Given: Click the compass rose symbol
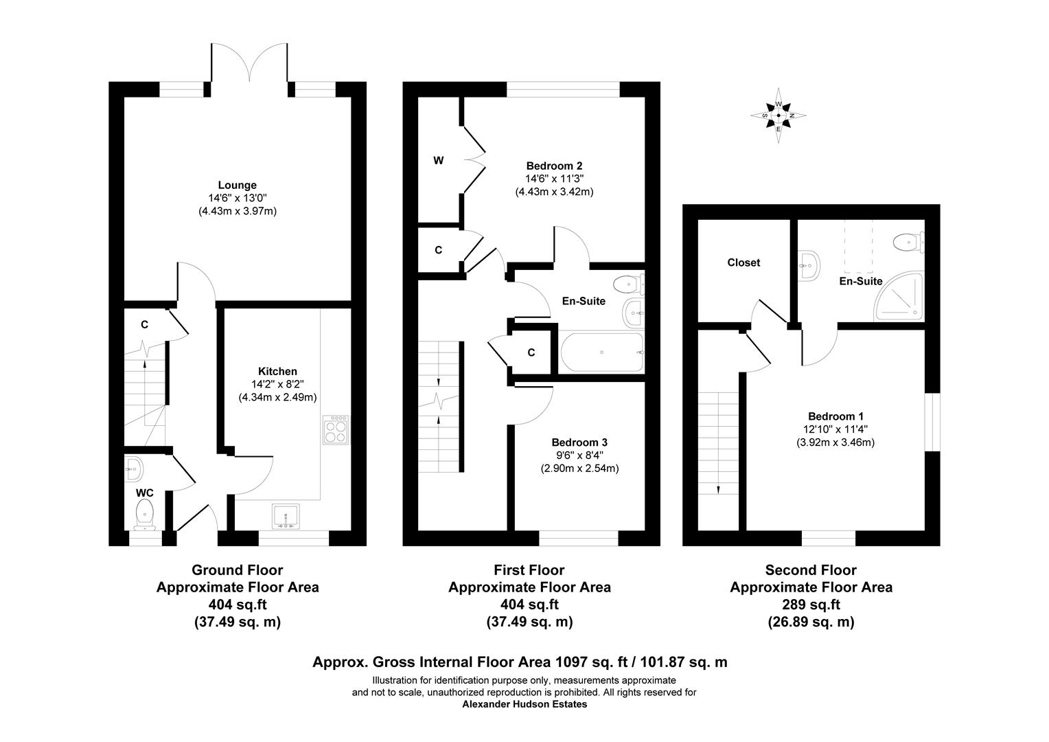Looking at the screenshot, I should click(x=779, y=115).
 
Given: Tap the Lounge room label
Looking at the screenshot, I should click(x=237, y=185).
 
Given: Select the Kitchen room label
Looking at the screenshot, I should click(x=277, y=371).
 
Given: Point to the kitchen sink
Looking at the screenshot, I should click(x=286, y=517).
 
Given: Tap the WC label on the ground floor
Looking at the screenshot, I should click(x=144, y=493).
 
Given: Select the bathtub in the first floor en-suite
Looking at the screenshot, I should click(x=601, y=352).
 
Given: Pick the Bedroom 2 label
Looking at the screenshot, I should click(x=554, y=166).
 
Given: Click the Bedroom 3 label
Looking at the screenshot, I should click(x=579, y=442).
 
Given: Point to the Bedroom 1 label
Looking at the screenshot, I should click(x=835, y=416).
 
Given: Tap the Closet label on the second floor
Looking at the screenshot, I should click(x=743, y=262).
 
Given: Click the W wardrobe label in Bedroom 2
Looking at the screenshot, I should click(x=439, y=161).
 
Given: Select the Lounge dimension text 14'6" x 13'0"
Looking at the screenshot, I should click(x=237, y=198).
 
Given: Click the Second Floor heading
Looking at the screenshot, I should click(x=811, y=570).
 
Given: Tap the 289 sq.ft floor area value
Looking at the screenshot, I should click(x=811, y=605).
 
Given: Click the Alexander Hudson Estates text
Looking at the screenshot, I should click(x=524, y=704).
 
